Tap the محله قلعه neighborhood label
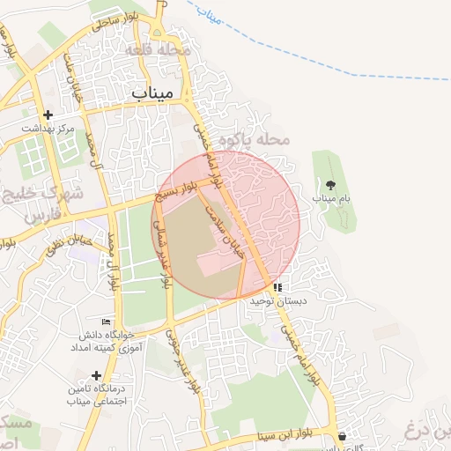pos(158,51)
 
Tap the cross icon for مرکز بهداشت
pos(48,115)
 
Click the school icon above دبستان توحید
pos(277,287)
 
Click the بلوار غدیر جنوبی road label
pos(181,361)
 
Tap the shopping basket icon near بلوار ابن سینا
pos(342,435)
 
